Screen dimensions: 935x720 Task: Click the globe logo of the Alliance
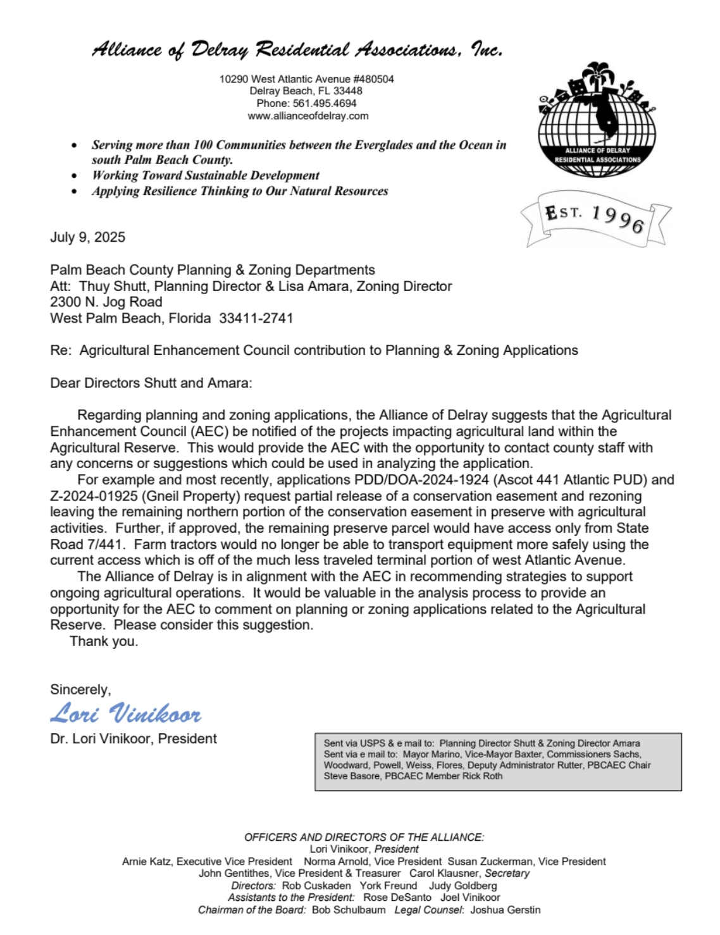[597, 120]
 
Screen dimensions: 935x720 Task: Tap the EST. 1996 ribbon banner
[595, 218]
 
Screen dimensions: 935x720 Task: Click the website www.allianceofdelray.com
[307, 116]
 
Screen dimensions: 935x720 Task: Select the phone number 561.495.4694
[325, 103]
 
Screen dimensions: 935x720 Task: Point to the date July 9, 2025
[88, 237]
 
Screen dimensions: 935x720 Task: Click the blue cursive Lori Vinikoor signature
[126, 714]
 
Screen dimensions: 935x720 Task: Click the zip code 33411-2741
[256, 318]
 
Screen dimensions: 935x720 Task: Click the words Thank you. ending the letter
[104, 641]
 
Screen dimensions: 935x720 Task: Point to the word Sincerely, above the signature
[80, 690]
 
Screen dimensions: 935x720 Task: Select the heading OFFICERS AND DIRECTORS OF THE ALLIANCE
[364, 837]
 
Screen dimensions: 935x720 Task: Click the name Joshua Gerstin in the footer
[506, 910]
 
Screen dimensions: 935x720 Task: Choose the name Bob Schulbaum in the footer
[349, 910]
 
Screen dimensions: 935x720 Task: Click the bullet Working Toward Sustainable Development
[206, 175]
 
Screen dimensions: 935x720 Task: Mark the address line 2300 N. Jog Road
[106, 302]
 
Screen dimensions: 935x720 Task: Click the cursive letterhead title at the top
[297, 49]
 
